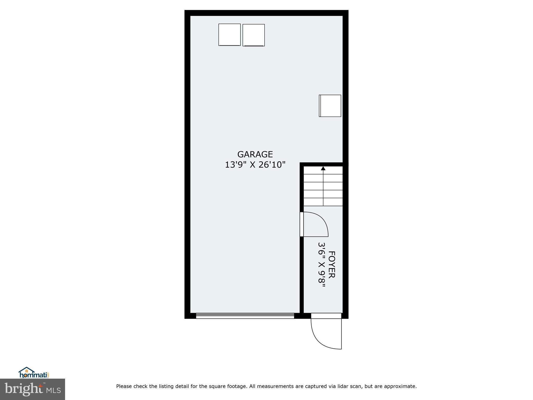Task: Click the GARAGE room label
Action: click(255, 154)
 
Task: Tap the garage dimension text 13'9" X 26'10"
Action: click(255, 165)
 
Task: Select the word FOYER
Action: click(331, 265)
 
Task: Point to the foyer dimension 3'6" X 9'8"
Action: click(322, 265)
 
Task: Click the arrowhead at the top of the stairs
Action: click(323, 168)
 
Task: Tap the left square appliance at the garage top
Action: click(229, 35)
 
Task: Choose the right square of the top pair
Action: click(253, 35)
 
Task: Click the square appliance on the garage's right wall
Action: click(330, 106)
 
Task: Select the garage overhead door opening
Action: click(245, 316)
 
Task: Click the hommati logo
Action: click(34, 374)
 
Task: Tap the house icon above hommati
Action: click(27, 370)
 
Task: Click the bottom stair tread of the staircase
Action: click(323, 202)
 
